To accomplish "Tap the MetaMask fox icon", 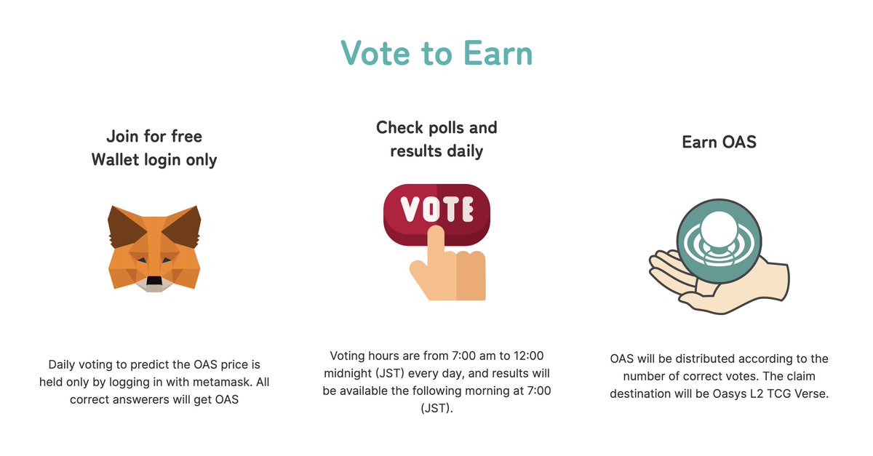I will click(x=154, y=248).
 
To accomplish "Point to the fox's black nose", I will click(x=154, y=281).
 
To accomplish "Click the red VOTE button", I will click(x=436, y=209).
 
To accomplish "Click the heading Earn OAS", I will click(x=719, y=142).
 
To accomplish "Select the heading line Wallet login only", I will click(x=154, y=159).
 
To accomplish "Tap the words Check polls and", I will click(x=436, y=127).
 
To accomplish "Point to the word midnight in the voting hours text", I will click(x=349, y=373).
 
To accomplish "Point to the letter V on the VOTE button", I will click(x=411, y=209).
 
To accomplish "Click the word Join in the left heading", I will click(x=123, y=136).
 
